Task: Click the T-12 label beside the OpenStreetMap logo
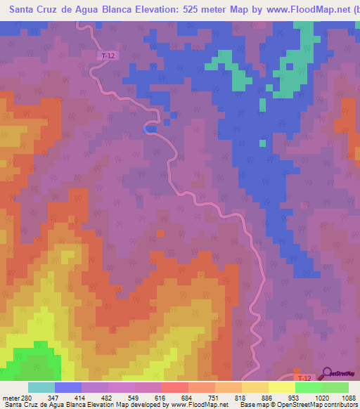point(303,378)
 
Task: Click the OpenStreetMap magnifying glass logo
point(327,373)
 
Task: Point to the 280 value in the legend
point(27,397)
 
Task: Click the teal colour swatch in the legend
point(41,387)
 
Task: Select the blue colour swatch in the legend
point(68,387)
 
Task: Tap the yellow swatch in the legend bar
point(281,387)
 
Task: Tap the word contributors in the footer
point(340,405)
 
